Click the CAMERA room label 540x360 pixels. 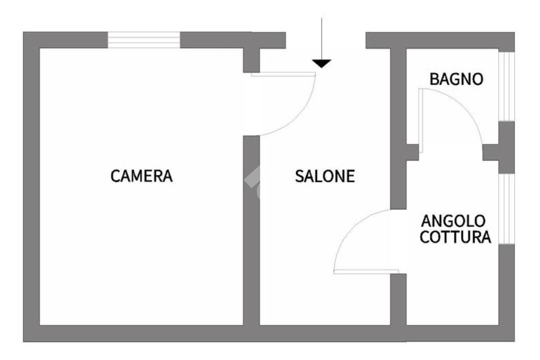tap(141, 176)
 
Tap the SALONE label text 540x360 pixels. tap(324, 177)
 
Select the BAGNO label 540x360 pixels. tap(456, 80)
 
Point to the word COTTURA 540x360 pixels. tap(455, 237)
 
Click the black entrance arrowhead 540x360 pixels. tap(321, 64)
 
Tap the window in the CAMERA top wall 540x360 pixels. tap(144, 40)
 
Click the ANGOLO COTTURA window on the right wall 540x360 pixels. tap(506, 208)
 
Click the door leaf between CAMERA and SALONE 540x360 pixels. tap(283, 74)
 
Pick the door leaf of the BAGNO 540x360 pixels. tap(421, 121)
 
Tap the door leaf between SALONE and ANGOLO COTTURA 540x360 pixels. tap(366, 272)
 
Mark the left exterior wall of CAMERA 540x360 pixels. tap(31, 184)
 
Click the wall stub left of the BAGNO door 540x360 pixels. tap(411, 152)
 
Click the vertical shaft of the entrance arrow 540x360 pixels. tap(321, 37)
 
